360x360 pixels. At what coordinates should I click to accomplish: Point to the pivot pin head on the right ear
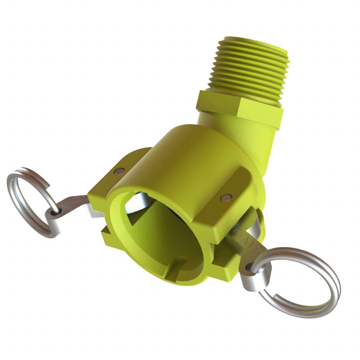pos(224,198)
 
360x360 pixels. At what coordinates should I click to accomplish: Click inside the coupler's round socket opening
pos(166,233)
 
